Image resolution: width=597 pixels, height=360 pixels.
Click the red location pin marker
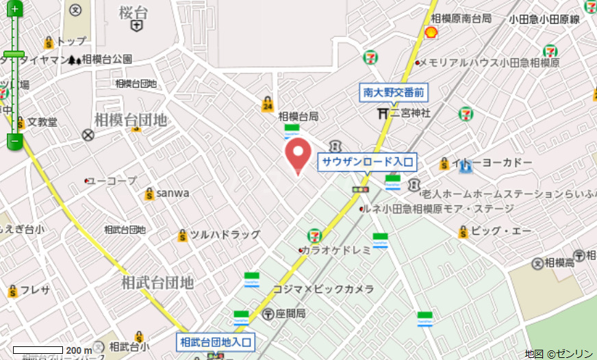(297, 155)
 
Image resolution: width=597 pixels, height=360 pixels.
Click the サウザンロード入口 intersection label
(368, 162)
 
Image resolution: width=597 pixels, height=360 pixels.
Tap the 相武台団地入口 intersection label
(216, 341)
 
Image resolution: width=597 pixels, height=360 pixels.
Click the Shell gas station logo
(431, 32)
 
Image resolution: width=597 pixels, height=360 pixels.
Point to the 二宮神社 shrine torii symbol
(383, 113)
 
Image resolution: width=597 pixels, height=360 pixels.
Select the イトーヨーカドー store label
(494, 162)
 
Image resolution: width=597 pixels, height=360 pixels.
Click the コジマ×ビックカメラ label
(324, 290)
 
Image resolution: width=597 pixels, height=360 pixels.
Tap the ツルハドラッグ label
(225, 235)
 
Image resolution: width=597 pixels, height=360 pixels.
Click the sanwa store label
(173, 193)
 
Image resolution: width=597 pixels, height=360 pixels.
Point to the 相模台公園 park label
(106, 60)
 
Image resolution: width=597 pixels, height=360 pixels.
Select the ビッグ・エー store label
(501, 231)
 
